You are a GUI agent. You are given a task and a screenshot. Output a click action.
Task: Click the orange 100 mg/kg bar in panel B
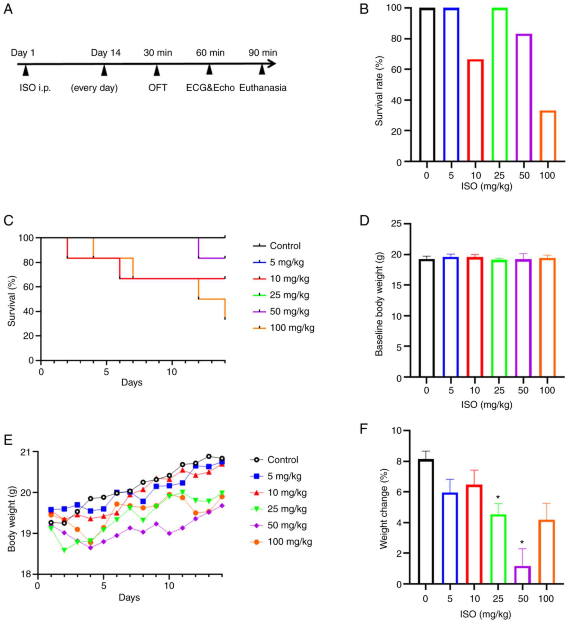(548, 136)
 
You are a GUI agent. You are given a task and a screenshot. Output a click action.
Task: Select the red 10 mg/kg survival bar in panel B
(475, 110)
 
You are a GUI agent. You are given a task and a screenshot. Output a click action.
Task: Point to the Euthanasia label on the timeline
(263, 88)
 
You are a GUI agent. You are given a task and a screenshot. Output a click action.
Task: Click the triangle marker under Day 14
(104, 71)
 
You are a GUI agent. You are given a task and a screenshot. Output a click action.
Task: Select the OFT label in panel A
(158, 88)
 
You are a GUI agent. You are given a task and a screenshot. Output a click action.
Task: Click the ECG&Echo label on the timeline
(210, 88)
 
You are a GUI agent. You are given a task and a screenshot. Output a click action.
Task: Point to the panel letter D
(365, 221)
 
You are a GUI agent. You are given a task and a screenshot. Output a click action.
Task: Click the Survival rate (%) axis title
(379, 91)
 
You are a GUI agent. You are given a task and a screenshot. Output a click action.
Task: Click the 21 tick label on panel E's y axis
(27, 452)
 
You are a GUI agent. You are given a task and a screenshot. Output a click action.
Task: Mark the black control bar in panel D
(426, 318)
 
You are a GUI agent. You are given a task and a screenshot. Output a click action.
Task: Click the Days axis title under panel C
(132, 382)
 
